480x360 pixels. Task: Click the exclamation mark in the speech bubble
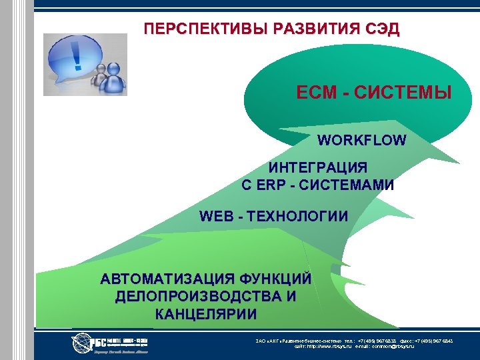pyautogui.click(x=78, y=55)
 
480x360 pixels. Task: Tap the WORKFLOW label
pyautogui.click(x=361, y=141)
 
